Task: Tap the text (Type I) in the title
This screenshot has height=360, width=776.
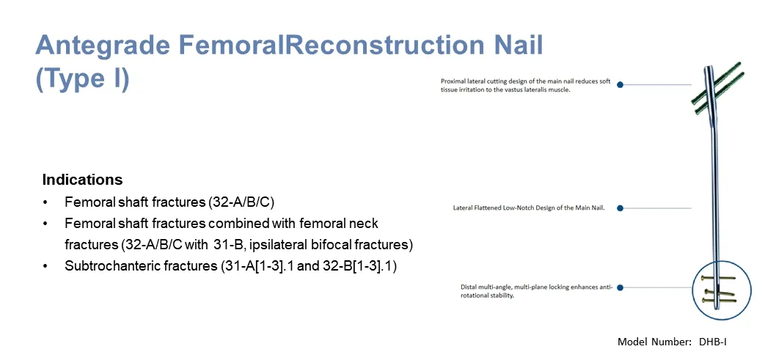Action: tap(82, 79)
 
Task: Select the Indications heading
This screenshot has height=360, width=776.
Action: tap(82, 180)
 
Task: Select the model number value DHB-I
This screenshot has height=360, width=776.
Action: tap(712, 342)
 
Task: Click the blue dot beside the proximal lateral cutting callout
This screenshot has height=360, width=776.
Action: tap(620, 85)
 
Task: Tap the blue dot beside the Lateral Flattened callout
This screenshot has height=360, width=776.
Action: tap(620, 208)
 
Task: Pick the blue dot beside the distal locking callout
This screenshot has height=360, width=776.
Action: tap(620, 288)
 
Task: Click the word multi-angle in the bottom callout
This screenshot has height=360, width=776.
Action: tap(491, 287)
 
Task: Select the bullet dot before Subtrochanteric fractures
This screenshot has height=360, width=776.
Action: tap(46, 267)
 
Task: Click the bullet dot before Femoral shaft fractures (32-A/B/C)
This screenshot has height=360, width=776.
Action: tap(46, 202)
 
